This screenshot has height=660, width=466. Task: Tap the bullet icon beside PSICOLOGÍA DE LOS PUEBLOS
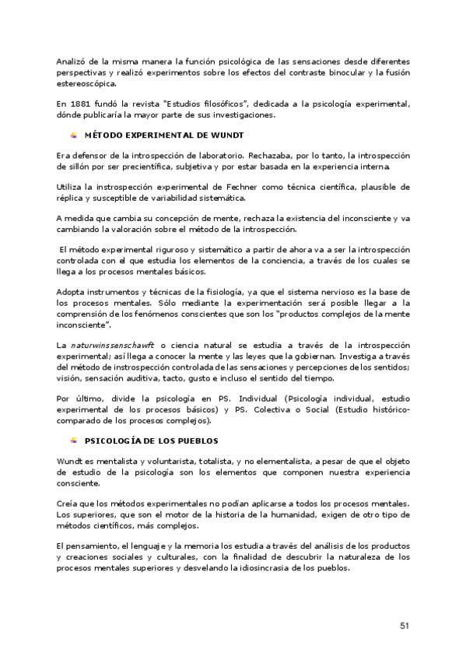(74, 440)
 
